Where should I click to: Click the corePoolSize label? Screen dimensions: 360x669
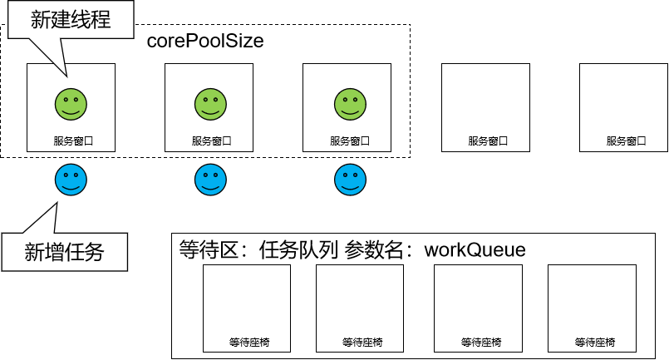204,41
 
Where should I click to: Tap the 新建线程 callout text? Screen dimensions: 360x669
71,20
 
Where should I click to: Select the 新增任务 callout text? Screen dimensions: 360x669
64,251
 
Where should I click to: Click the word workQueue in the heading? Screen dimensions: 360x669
475,249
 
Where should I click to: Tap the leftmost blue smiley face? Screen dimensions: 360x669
71,180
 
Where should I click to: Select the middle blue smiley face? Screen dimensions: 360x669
210,180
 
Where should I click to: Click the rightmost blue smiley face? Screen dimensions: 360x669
350,180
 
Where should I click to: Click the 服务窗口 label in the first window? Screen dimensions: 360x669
72,141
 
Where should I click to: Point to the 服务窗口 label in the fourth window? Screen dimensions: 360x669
487,141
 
